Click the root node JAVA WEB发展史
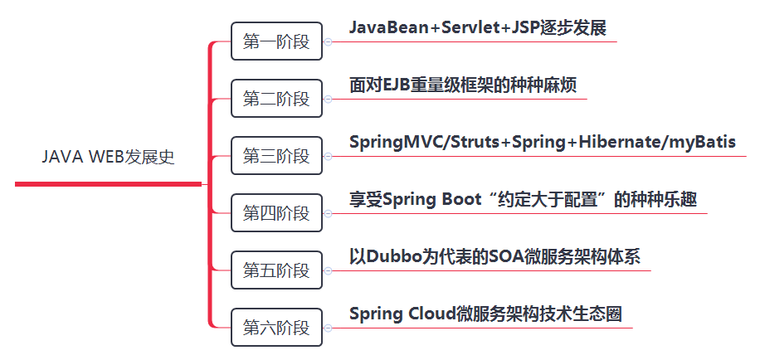(108, 157)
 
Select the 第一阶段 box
(276, 41)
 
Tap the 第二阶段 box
(276, 99)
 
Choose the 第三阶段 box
(276, 156)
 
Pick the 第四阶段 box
(276, 213)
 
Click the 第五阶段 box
(276, 270)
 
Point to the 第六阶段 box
(276, 328)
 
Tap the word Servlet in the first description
(465, 27)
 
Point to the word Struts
(475, 142)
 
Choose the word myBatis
(699, 142)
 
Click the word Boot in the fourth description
(462, 199)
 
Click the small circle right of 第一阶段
(328, 41)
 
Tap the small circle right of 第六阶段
(328, 328)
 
